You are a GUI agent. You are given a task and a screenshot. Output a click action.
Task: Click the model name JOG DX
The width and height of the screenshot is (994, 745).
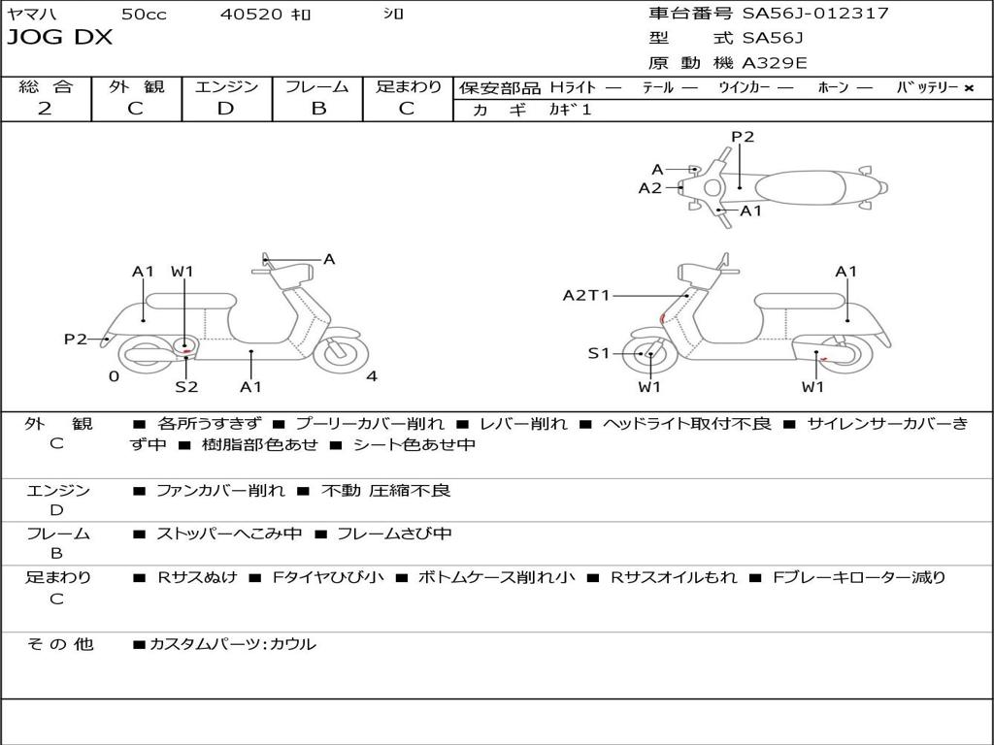click(60, 38)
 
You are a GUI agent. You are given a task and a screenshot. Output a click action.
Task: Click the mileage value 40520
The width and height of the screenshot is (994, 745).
click(251, 15)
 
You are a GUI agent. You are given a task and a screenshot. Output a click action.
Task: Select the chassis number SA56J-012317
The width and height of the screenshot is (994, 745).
click(815, 14)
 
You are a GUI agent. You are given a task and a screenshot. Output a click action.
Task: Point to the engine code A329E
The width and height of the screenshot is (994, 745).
click(775, 64)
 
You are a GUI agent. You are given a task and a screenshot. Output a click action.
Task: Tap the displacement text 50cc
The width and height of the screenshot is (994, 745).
click(144, 15)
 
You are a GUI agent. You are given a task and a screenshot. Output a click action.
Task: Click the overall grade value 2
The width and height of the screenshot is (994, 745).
click(45, 109)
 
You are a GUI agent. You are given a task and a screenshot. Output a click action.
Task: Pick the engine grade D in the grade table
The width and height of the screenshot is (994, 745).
click(226, 109)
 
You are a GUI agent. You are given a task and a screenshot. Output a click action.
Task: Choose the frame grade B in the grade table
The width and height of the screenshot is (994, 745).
click(317, 109)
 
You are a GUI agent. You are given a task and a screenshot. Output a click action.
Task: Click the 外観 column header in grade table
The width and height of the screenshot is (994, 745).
click(136, 87)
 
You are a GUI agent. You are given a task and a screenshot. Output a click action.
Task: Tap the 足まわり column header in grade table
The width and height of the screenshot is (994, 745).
click(409, 87)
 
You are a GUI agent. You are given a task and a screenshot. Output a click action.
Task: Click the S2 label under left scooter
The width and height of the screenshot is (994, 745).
click(186, 387)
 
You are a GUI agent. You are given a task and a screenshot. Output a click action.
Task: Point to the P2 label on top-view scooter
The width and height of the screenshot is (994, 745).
click(743, 137)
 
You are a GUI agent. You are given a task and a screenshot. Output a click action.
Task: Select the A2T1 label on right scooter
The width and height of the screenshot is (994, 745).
click(586, 296)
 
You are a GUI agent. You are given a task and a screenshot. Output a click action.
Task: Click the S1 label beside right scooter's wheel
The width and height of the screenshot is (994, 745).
click(599, 354)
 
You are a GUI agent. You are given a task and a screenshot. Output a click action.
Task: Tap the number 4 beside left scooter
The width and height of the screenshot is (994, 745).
click(372, 376)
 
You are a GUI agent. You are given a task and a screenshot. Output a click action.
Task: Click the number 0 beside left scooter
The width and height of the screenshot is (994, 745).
click(114, 376)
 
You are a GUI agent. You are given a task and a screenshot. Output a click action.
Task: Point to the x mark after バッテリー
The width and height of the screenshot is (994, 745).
click(969, 88)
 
